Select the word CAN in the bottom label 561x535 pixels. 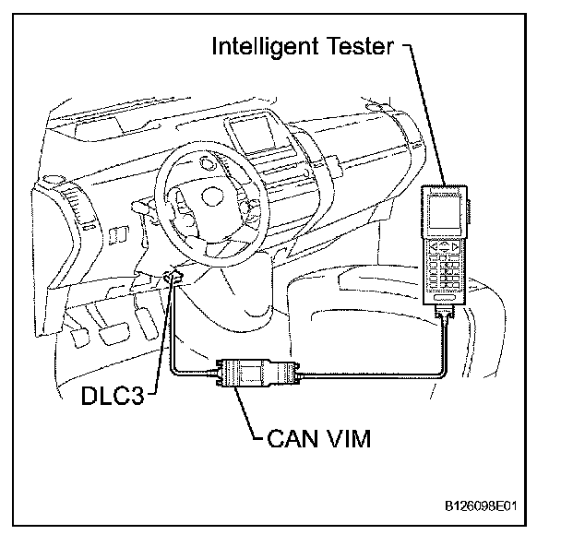click(290, 437)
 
